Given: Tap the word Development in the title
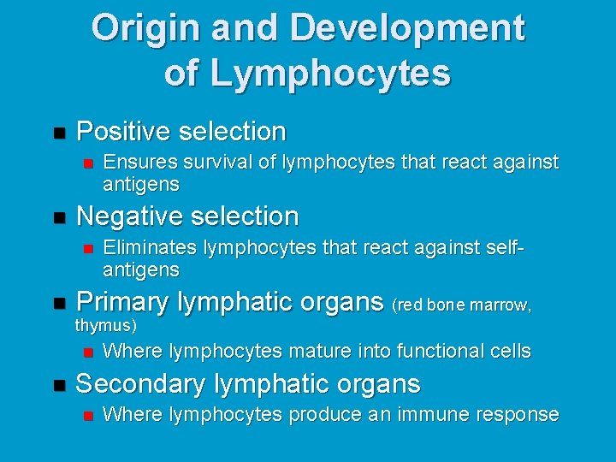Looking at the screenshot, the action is point(407,28).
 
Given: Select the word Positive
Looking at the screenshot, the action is point(123,132).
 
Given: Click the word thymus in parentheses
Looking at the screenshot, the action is point(104,325).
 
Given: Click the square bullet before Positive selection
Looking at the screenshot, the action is point(58,133).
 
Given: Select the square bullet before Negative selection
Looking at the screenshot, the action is point(58,216).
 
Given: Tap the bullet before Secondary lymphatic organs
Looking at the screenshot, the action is point(58,385).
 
